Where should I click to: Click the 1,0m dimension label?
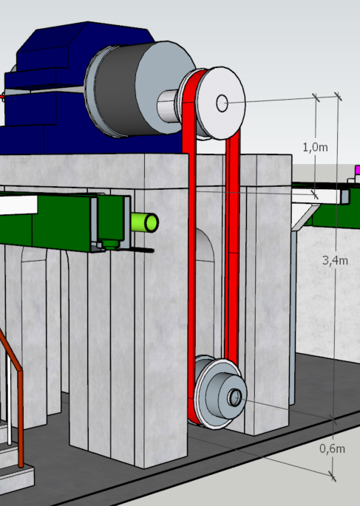[315, 148]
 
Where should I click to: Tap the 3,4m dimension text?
[335, 260]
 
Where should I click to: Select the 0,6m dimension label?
[332, 448]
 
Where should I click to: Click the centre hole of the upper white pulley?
[222, 103]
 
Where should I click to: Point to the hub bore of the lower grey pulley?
[235, 397]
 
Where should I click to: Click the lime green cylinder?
[145, 222]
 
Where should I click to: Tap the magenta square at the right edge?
[358, 170]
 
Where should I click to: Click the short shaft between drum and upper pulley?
[167, 106]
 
